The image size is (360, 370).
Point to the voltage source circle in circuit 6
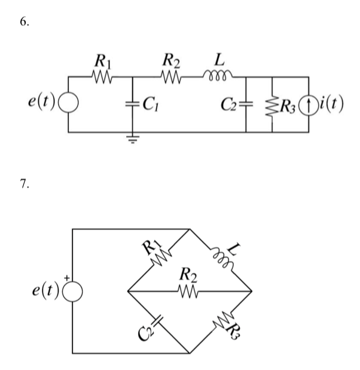click(68, 104)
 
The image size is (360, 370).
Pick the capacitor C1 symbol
click(132, 104)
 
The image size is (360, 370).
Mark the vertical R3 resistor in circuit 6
click(273, 104)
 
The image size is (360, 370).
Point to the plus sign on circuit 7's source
click(68, 277)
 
